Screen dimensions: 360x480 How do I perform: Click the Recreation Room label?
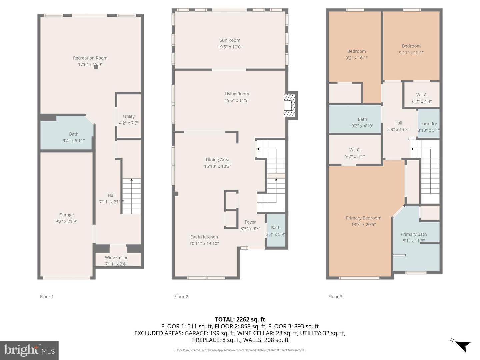click(90, 58)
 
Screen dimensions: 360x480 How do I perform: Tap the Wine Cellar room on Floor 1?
click(116, 260)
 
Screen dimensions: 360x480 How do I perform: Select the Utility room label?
click(129, 116)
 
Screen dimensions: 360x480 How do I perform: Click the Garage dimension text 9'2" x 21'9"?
click(66, 221)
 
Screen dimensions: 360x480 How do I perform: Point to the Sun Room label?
click(230, 40)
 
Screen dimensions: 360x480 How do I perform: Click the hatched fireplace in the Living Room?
click(289, 106)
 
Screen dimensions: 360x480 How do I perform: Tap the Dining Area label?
click(217, 160)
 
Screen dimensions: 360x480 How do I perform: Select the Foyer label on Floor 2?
click(250, 222)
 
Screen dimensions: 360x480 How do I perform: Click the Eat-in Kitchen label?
click(204, 237)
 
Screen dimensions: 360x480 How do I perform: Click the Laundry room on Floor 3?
click(428, 124)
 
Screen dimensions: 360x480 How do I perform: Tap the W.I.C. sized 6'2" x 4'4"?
click(422, 98)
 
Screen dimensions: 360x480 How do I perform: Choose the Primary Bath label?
click(413, 234)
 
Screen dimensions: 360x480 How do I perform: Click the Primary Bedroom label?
click(363, 218)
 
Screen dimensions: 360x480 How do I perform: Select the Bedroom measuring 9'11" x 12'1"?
click(411, 49)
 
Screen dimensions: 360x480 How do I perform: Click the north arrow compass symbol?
click(462, 345)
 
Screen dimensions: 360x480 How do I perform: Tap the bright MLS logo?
click(29, 350)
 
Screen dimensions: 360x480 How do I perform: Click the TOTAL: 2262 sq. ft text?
click(240, 319)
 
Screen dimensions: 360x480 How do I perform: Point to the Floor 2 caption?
click(181, 297)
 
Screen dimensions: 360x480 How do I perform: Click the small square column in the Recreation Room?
click(96, 67)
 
